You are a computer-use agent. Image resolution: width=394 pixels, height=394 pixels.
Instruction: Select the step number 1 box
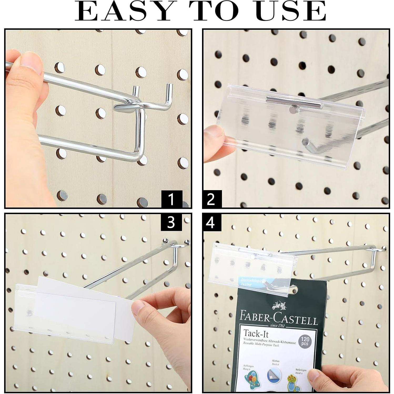[x=171, y=199]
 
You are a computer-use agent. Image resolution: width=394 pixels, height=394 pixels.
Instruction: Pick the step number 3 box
[x=171, y=222]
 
